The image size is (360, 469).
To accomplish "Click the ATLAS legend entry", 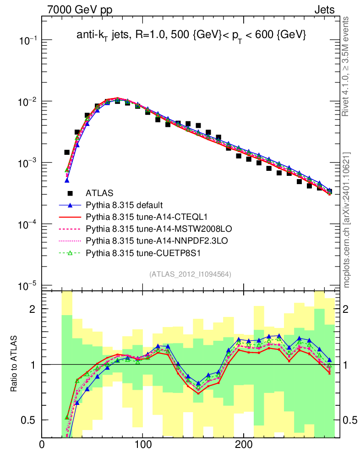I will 100,193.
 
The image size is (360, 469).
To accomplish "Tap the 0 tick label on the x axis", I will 42,446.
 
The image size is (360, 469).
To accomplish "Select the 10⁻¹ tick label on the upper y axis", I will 28,41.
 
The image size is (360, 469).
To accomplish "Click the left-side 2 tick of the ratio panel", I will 33,309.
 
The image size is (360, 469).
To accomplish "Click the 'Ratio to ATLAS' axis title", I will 15,364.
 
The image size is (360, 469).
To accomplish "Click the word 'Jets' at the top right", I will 324,10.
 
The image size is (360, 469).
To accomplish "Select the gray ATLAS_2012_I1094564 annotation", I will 190,274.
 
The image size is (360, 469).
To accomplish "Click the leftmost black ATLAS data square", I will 66,152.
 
